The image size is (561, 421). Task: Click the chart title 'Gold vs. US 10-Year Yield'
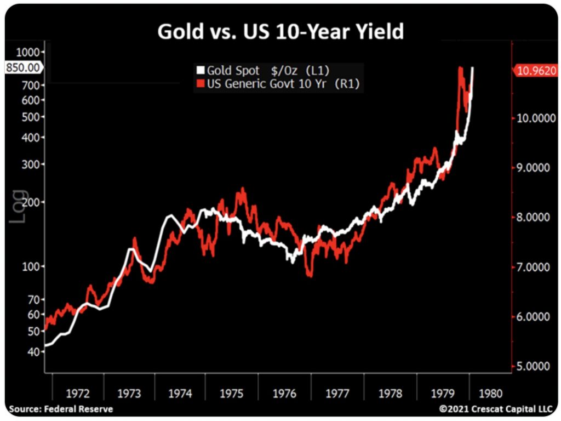[x=280, y=31]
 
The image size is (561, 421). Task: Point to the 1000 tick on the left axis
[x=30, y=52]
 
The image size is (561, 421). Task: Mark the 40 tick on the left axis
[x=35, y=351]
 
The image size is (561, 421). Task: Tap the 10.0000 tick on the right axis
[x=532, y=118]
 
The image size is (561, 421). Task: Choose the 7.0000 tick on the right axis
[x=532, y=267]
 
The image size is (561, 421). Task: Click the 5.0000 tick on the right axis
[x=532, y=366]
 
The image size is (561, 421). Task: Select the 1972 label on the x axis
[x=78, y=393]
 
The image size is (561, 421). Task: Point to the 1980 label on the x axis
[x=489, y=393]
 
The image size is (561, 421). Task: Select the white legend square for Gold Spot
[x=201, y=71]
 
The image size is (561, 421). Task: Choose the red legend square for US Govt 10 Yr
[x=201, y=83]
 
